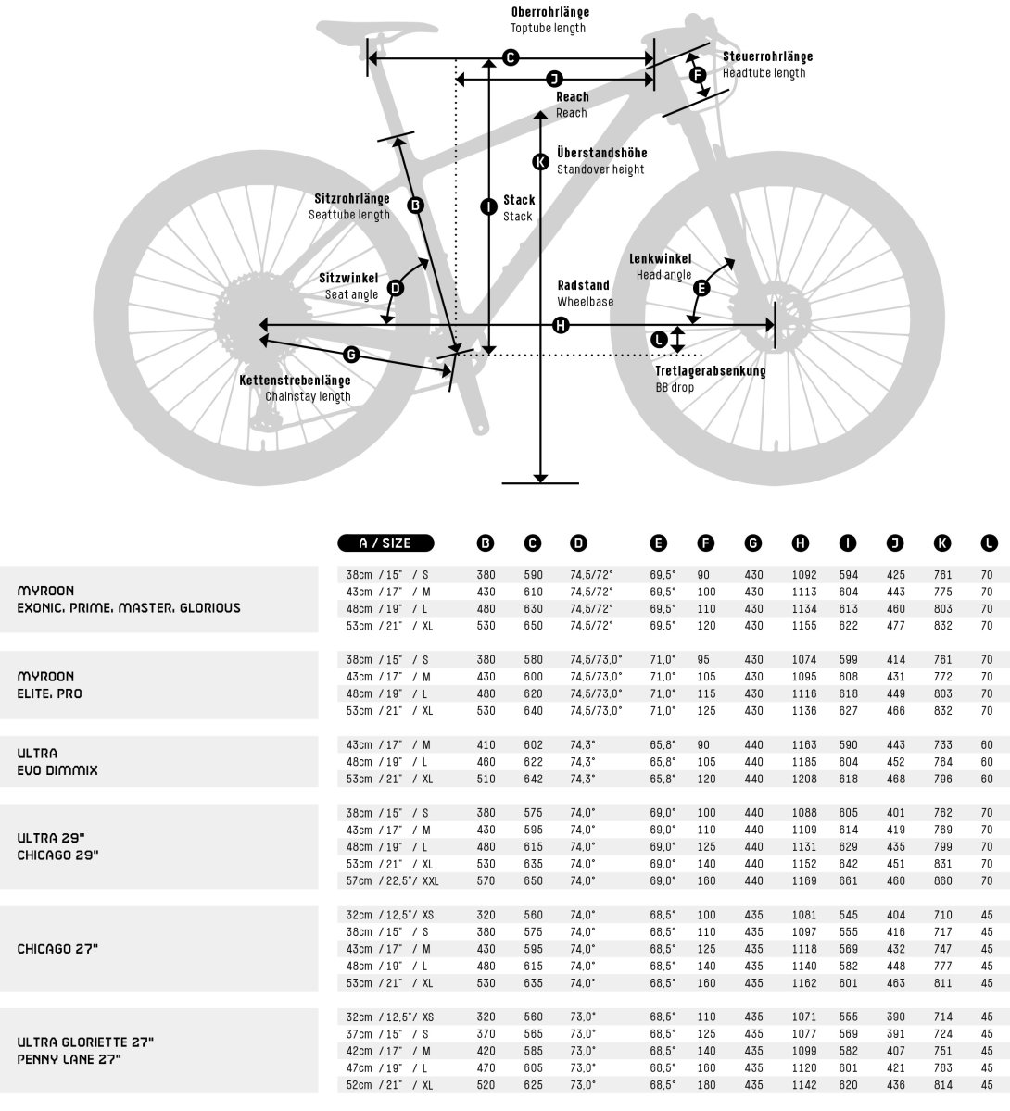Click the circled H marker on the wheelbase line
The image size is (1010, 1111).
coord(561,325)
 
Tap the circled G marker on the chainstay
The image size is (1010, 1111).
coord(351,354)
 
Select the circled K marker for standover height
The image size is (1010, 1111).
coord(541,162)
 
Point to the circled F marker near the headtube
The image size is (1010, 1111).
coord(698,73)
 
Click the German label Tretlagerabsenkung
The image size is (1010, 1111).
coord(711,371)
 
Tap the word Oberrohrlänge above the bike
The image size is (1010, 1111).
coord(549,13)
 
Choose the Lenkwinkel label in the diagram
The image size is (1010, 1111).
coord(661,259)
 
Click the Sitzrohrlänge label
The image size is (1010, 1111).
coord(352,198)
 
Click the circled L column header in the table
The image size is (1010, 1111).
coord(989,543)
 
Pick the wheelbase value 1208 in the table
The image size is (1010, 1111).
coord(804,779)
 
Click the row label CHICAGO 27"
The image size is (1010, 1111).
coord(57,949)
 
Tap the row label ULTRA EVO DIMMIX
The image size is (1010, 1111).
coord(57,762)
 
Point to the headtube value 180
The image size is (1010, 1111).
coord(707,1085)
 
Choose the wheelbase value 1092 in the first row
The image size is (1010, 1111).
coord(804,575)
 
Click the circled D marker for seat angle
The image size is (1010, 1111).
coord(396,288)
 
